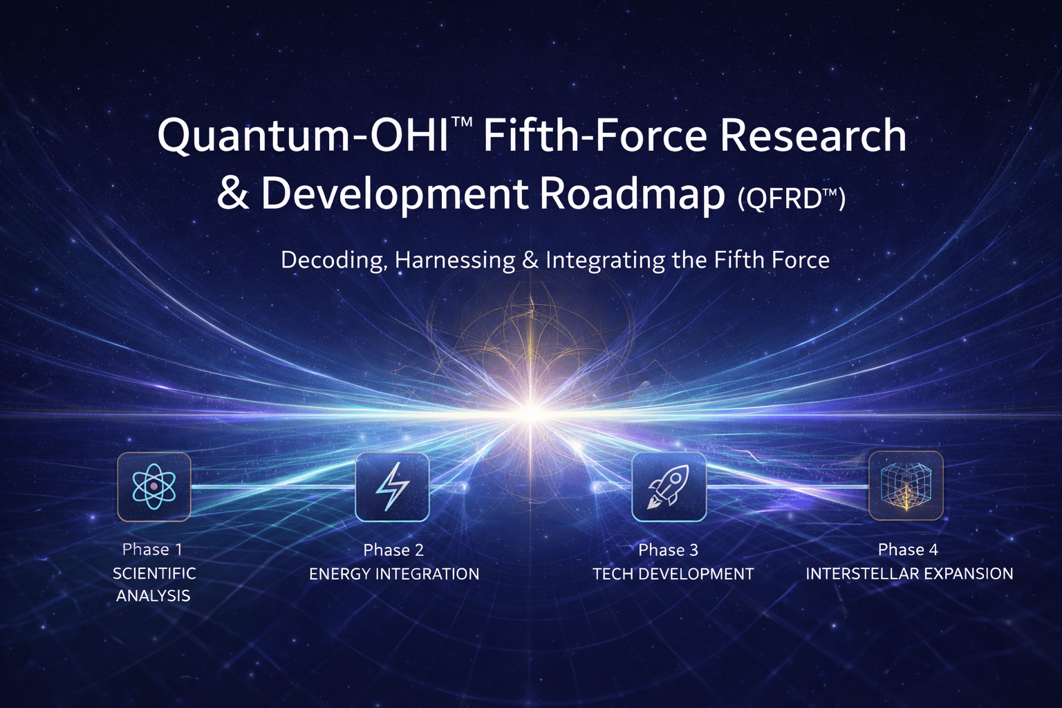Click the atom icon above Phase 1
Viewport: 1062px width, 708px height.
coord(153,486)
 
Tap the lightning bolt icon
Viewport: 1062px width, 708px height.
coord(392,486)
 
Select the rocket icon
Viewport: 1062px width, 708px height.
coord(669,486)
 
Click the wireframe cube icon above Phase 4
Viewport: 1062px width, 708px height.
coord(906,485)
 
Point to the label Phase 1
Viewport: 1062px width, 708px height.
coord(152,550)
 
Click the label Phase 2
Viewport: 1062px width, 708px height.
coord(393,550)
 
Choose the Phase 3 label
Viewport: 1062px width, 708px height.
coord(668,550)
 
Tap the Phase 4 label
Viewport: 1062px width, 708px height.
coord(908,550)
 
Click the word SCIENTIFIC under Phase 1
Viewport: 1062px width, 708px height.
coord(154,573)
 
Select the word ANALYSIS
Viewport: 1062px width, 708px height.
coord(153,596)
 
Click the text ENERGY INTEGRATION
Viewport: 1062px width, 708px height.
coord(394,574)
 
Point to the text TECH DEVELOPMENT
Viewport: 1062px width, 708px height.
coord(673,574)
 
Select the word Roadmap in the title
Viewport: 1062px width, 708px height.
coord(631,194)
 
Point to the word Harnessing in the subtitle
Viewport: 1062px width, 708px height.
coord(455,261)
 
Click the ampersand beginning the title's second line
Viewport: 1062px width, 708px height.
coord(233,194)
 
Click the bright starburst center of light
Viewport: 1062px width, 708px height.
coord(530,413)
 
